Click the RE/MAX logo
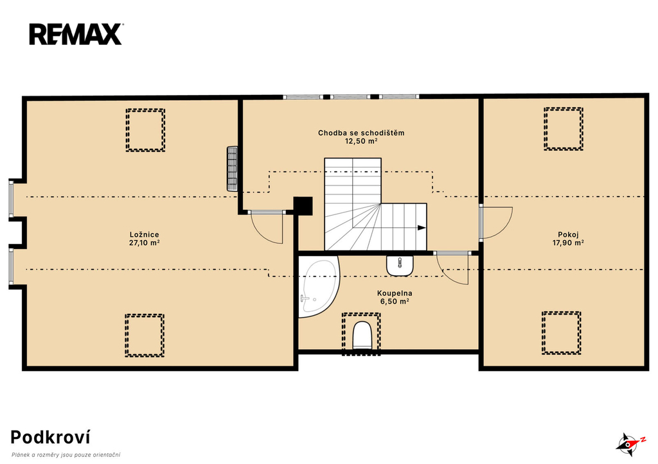click(x=76, y=35)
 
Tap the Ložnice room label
click(x=145, y=235)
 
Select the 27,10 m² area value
click(x=145, y=243)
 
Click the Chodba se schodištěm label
click(x=361, y=133)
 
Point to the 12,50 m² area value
click(x=361, y=141)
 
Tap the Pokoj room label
click(x=568, y=235)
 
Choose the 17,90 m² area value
click(x=568, y=243)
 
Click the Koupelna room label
click(x=395, y=293)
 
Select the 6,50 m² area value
click(x=395, y=302)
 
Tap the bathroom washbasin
click(x=400, y=266)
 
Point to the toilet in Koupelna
click(x=362, y=335)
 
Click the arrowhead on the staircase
click(x=422, y=228)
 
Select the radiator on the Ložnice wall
click(x=232, y=169)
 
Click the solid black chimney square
click(x=303, y=206)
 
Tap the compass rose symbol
click(x=629, y=444)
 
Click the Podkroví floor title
click(x=50, y=438)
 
